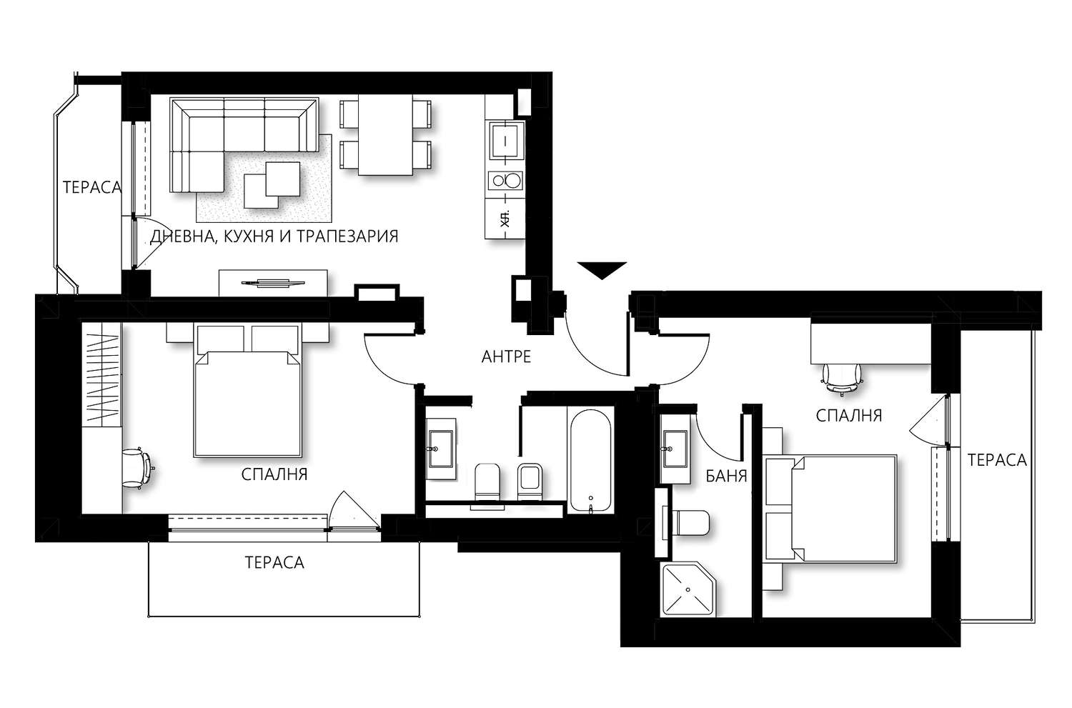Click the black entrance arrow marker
[x=602, y=270]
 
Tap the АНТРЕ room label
[x=506, y=357]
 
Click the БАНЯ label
[x=727, y=476]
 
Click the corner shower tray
[x=689, y=589]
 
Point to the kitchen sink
[x=506, y=141]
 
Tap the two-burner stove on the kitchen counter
[x=506, y=181]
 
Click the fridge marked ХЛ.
[x=505, y=219]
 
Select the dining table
[x=385, y=135]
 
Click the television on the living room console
[x=273, y=283]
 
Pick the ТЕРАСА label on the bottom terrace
[x=274, y=562]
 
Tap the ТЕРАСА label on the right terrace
[x=998, y=460]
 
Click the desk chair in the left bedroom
[x=138, y=468]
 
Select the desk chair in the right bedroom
[x=841, y=379]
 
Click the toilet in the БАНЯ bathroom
[x=690, y=524]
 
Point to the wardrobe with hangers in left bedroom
[x=102, y=374]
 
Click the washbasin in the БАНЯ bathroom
[x=675, y=449]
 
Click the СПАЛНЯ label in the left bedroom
[x=274, y=474]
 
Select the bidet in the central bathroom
[x=530, y=482]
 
